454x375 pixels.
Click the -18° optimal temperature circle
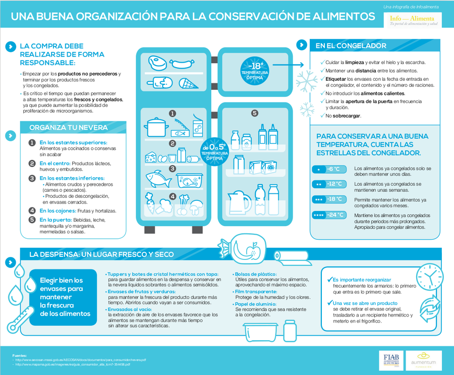point(255,70)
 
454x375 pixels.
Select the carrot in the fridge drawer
point(150,204)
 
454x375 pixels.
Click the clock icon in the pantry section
point(427,279)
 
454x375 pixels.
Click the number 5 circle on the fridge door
point(255,113)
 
